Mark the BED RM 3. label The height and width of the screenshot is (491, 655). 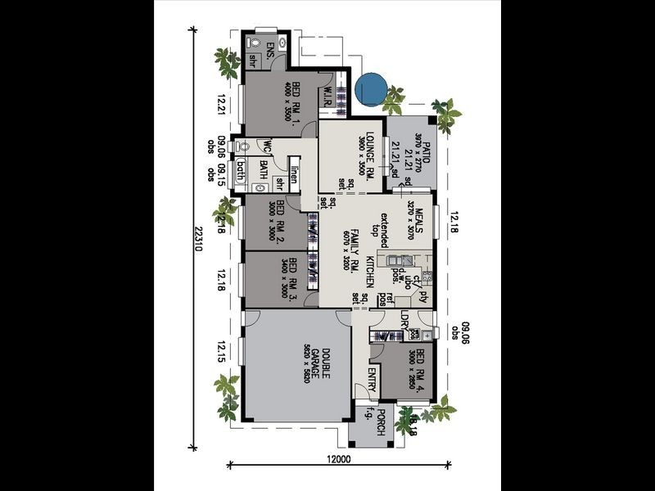292,275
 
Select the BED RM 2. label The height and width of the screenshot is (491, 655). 280,220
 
